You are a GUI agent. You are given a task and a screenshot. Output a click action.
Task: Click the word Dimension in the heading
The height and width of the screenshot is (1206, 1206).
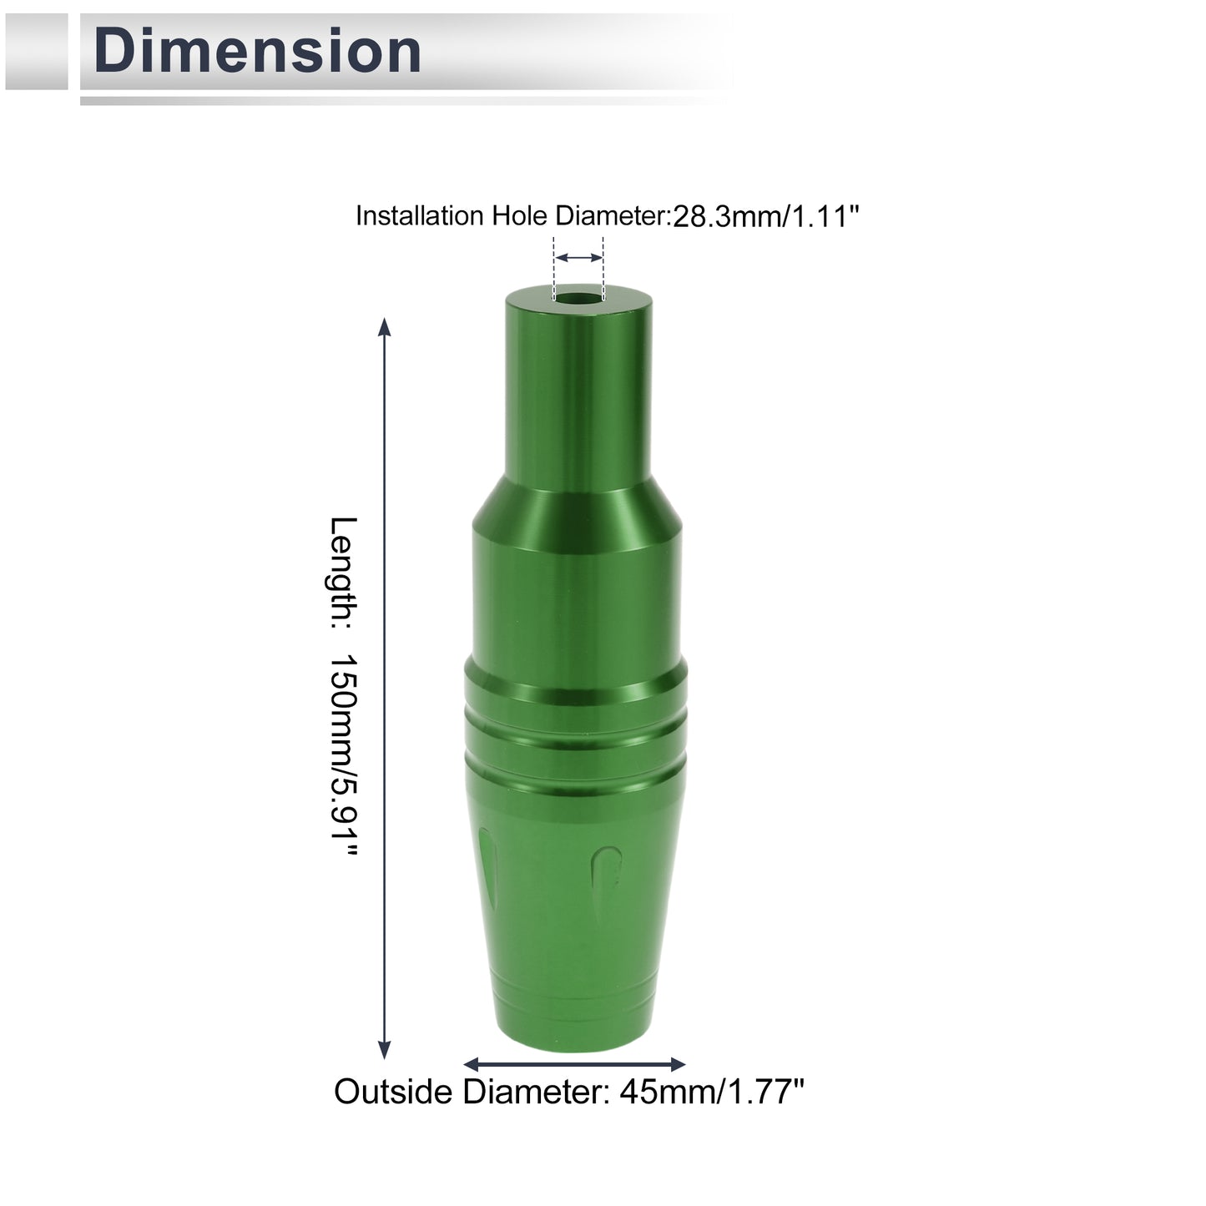(x=257, y=51)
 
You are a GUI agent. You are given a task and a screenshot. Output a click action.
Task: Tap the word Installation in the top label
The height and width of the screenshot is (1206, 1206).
(x=420, y=216)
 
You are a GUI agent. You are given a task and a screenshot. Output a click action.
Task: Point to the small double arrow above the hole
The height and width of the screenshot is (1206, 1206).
(x=579, y=257)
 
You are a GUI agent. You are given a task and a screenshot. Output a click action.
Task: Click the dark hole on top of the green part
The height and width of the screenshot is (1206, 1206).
(x=578, y=296)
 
